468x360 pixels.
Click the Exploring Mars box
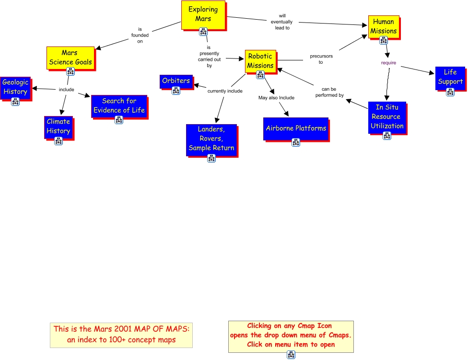click(203, 15)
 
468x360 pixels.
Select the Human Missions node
click(384, 26)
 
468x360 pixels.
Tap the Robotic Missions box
click(260, 61)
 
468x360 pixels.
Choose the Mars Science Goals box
click(70, 58)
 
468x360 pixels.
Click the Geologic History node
click(15, 88)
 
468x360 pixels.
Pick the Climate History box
click(58, 127)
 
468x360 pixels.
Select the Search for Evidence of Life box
click(119, 106)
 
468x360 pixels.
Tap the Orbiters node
click(176, 81)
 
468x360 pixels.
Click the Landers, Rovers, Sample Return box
click(211, 139)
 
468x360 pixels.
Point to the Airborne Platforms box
click(296, 129)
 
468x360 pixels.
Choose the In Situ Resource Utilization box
click(387, 117)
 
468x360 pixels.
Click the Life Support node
click(450, 78)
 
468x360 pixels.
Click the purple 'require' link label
click(388, 63)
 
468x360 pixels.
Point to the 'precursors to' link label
click(321, 59)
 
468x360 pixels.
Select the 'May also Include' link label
click(276, 97)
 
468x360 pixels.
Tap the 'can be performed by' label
click(329, 92)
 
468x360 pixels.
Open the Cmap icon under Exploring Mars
click(203, 31)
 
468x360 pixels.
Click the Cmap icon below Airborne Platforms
click(296, 142)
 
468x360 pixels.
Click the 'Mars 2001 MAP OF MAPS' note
click(121, 335)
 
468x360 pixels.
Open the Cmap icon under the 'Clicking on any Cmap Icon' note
click(291, 355)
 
